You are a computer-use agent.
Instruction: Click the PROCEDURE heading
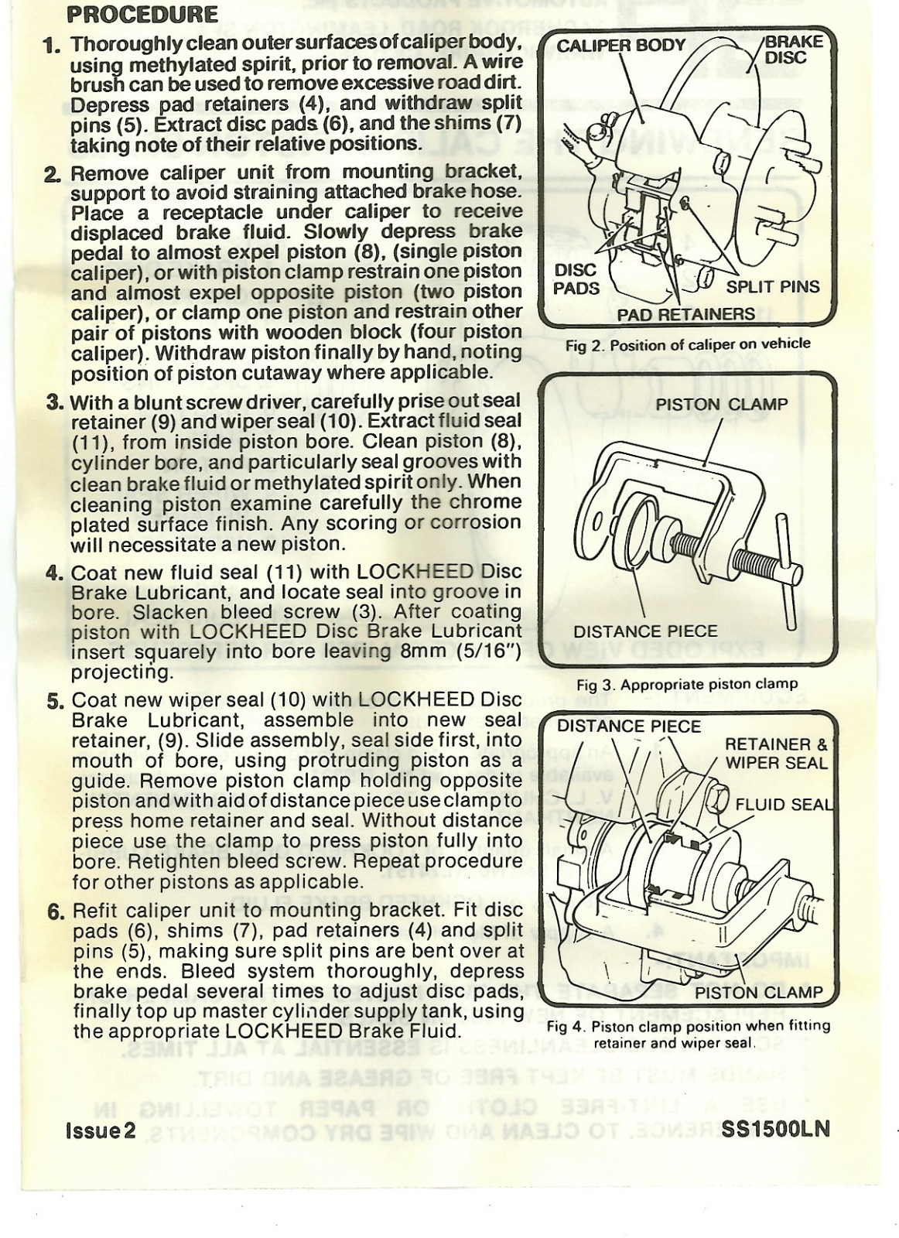(x=142, y=15)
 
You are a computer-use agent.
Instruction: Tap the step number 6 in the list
(x=55, y=911)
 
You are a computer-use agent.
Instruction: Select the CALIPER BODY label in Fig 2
(x=620, y=46)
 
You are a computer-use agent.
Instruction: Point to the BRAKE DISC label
(x=792, y=50)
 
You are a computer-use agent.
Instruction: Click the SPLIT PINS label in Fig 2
(x=772, y=287)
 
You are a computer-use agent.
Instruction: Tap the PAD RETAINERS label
(x=685, y=314)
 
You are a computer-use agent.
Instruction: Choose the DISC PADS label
(x=576, y=279)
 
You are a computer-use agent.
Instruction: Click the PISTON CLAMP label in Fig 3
(x=721, y=405)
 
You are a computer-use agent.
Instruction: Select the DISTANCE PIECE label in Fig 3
(x=645, y=631)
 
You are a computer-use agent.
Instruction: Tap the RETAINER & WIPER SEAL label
(x=776, y=754)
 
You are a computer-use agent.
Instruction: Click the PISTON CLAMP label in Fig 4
(x=757, y=993)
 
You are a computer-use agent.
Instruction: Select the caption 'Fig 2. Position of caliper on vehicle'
(x=688, y=344)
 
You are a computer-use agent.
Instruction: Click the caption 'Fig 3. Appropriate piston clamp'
(x=686, y=684)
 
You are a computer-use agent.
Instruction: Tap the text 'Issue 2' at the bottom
(x=100, y=1129)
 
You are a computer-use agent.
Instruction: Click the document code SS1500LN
(x=775, y=1128)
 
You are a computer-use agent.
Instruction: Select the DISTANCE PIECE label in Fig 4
(x=628, y=727)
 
